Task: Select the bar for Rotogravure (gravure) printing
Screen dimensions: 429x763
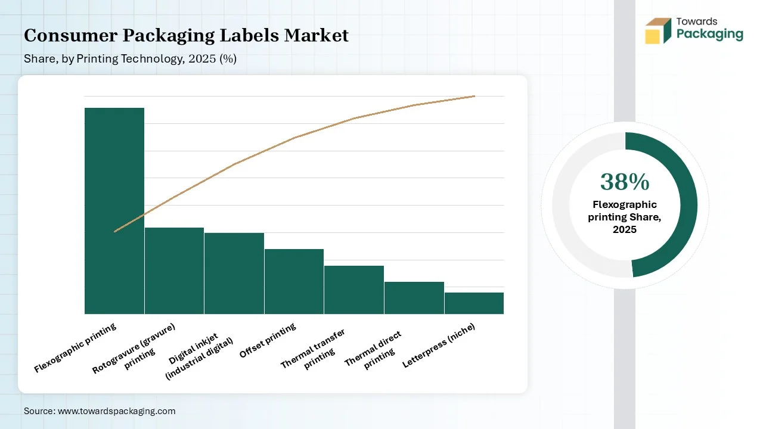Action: point(174,271)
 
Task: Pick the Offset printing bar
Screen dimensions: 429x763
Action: point(294,281)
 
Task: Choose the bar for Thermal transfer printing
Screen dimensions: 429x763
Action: point(354,290)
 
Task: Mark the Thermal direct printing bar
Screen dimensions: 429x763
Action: point(414,297)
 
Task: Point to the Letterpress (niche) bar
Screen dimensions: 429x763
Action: point(474,303)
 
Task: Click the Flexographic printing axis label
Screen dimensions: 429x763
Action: point(76,347)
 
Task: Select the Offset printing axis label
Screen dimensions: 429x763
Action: point(268,341)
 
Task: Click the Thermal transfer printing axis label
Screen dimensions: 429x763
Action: point(315,350)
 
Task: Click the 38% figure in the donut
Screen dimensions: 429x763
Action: point(625,182)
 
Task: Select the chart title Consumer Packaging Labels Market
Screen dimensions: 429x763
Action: point(186,35)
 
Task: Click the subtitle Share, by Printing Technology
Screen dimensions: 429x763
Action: point(130,59)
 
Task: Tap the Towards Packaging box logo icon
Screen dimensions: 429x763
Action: point(657,30)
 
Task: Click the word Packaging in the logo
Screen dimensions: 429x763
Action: point(709,34)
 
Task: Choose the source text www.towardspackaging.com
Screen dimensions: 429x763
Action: point(116,411)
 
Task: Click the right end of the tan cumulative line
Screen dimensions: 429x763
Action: point(474,96)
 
